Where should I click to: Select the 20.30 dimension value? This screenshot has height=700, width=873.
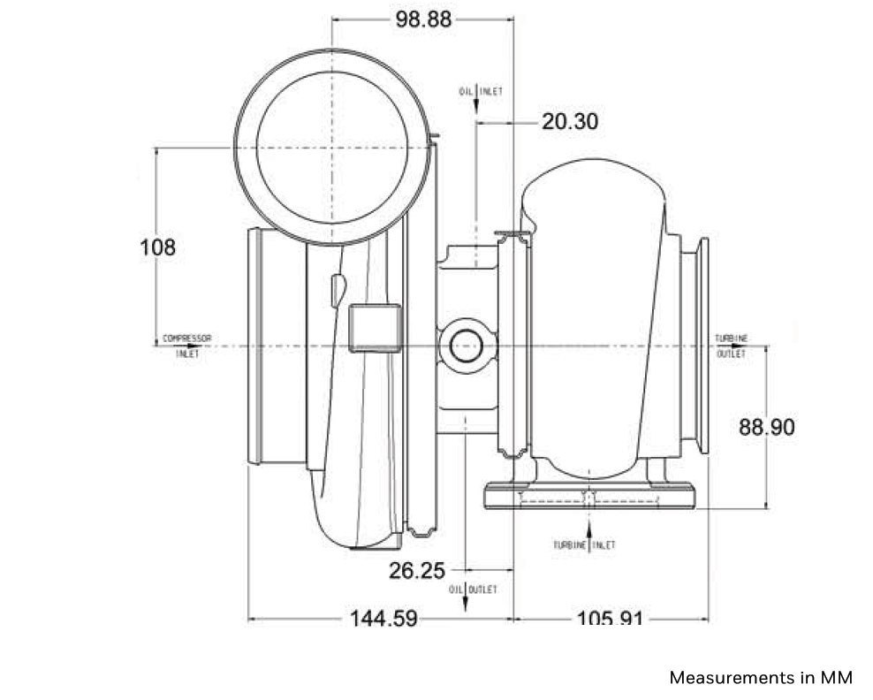569,122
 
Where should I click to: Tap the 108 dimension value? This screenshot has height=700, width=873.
158,247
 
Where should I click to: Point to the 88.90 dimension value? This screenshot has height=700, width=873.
766,428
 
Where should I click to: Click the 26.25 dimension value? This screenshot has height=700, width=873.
417,571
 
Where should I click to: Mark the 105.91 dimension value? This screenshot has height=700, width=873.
610,619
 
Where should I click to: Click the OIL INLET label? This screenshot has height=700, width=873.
481,91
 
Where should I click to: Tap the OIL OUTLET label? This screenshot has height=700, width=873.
473,589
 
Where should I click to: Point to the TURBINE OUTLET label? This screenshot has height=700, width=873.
731,346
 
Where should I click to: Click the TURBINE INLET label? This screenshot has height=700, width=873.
584,545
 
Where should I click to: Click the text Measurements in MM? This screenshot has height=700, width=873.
761,678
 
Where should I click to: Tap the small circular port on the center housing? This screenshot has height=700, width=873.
464,346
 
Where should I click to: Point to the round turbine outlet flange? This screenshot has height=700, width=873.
700,346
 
